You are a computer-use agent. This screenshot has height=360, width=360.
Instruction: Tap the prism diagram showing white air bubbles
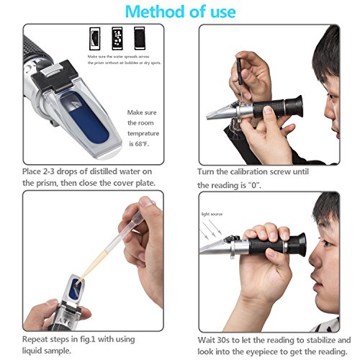click(117, 38)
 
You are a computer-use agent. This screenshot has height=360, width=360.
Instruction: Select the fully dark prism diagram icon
click(140, 38)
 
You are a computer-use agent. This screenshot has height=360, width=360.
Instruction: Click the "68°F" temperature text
click(142, 144)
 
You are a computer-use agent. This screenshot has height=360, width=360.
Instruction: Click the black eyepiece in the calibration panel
click(293, 107)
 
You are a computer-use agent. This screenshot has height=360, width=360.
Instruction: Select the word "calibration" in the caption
click(249, 172)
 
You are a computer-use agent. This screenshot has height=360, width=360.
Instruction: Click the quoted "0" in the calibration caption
click(253, 185)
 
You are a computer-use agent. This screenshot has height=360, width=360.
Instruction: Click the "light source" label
click(212, 214)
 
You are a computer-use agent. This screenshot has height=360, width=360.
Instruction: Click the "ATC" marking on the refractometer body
click(65, 322)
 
